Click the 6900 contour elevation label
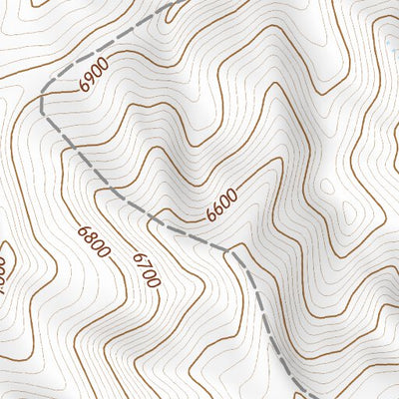(93, 77)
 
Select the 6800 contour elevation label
(94, 242)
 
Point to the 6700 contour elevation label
(146, 269)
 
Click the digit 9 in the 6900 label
(89, 81)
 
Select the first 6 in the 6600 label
(210, 215)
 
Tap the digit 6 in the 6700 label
(137, 257)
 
